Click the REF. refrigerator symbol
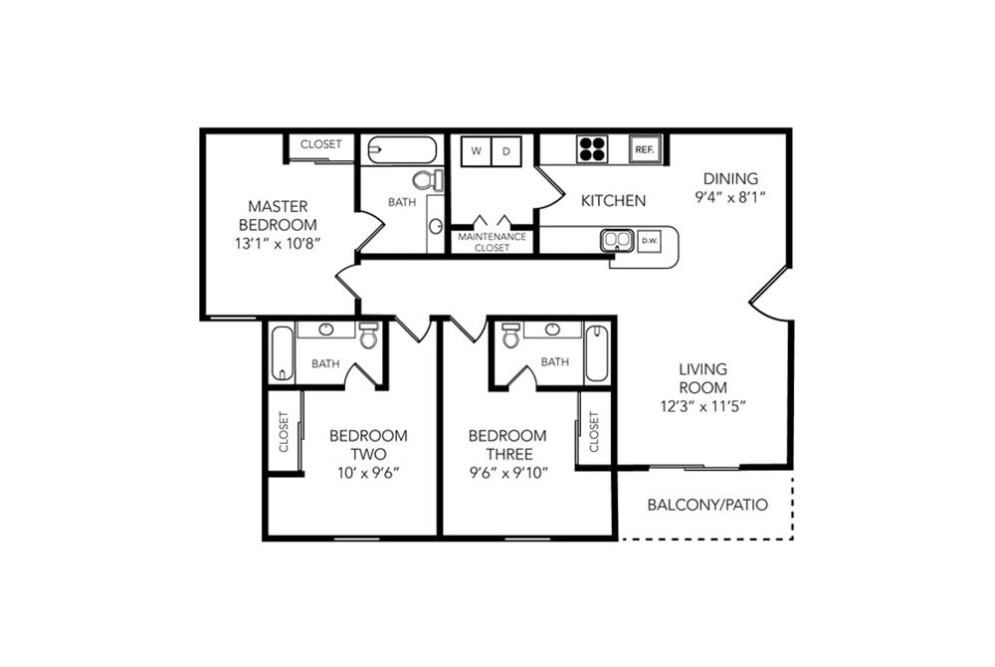click(645, 149)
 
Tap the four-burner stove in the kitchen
click(592, 149)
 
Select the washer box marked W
click(476, 151)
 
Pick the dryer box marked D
click(506, 151)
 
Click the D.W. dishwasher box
click(649, 241)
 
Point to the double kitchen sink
click(617, 240)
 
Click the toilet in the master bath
click(428, 180)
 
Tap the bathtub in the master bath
click(402, 150)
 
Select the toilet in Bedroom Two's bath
click(368, 335)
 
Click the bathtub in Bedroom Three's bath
click(596, 353)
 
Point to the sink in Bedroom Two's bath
click(326, 330)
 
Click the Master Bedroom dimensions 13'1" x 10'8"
click(278, 244)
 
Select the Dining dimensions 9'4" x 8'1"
click(730, 197)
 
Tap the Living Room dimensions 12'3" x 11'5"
click(702, 406)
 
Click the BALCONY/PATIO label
click(707, 505)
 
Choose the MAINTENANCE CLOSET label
click(493, 242)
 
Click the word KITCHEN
click(614, 200)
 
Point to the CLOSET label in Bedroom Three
click(594, 432)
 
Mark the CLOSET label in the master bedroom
click(321, 144)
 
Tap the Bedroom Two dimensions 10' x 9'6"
click(369, 473)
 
